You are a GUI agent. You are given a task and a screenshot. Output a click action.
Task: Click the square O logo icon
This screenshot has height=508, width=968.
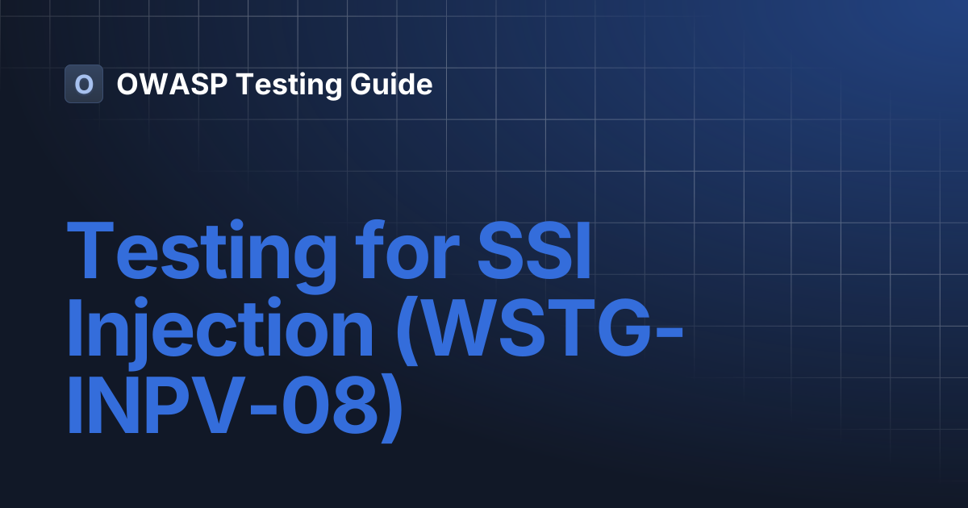click(x=84, y=84)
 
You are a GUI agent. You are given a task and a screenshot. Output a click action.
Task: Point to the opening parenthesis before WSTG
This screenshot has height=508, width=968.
click(x=398, y=332)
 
